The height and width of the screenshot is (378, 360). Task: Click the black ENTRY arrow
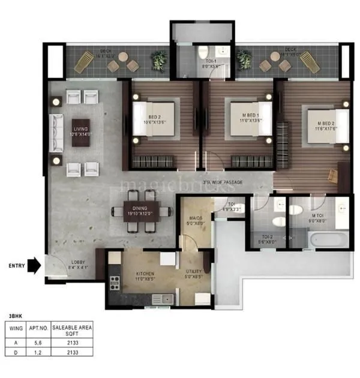(x=35, y=265)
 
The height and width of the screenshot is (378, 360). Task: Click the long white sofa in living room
(x=58, y=128)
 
